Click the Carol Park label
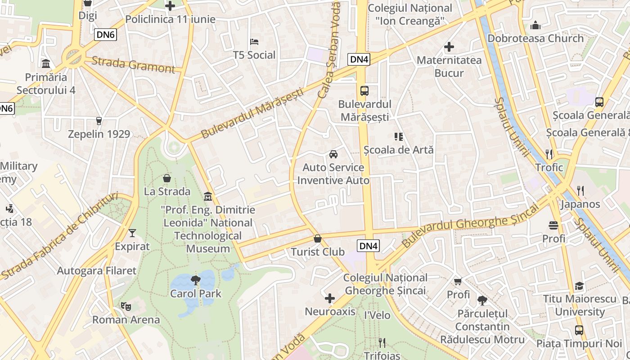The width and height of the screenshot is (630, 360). tap(196, 294)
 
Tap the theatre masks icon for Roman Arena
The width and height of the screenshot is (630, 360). tap(126, 306)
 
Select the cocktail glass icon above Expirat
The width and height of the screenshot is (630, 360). tap(132, 233)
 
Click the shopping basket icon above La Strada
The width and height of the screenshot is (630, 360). tap(167, 178)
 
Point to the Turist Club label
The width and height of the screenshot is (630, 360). tap(318, 252)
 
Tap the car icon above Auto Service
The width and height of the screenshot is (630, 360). tap(333, 154)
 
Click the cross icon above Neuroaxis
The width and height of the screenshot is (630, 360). tap(330, 298)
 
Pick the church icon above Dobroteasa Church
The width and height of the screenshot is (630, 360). tap(535, 25)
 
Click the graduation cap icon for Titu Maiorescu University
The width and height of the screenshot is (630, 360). tap(579, 286)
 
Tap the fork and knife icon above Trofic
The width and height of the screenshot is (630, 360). tap(549, 154)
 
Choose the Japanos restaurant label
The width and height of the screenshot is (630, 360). tap(580, 204)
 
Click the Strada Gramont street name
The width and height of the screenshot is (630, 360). tap(133, 65)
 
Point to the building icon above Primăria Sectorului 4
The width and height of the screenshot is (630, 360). tap(46, 63)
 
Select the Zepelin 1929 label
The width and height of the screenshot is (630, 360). tap(99, 134)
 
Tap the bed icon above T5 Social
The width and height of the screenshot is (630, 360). tap(254, 42)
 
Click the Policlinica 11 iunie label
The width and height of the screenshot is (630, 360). tap(170, 19)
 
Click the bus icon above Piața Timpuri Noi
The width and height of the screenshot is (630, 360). tap(579, 330)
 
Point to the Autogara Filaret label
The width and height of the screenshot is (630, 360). tap(96, 270)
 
